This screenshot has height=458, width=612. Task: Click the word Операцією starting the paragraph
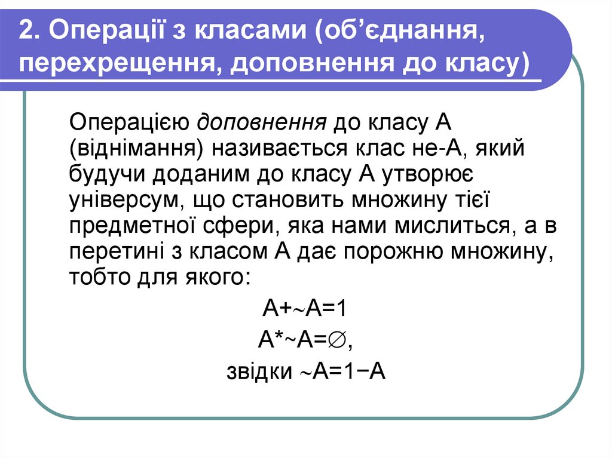click(129, 124)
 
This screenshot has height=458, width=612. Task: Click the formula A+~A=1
click(305, 310)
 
